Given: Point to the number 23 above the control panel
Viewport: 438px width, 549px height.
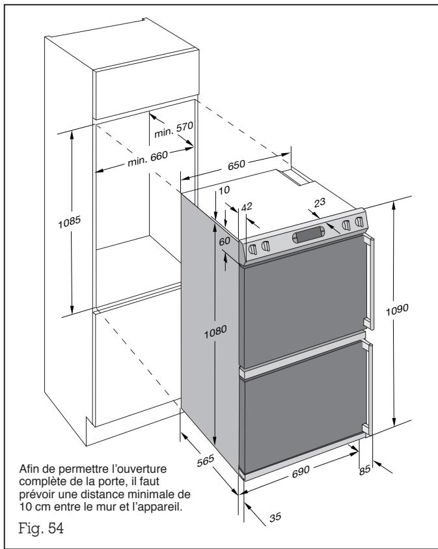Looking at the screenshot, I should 318,203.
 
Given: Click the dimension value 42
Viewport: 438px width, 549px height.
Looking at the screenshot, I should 245,206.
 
